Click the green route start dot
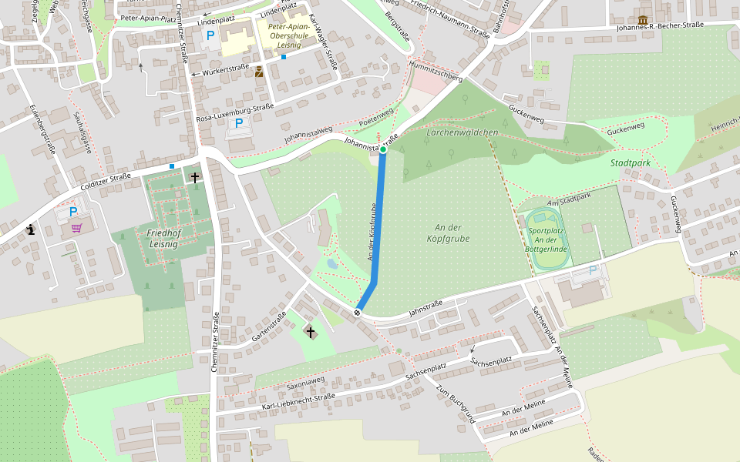383,150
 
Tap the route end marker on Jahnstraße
357,312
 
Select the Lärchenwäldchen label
462,132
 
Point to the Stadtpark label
631,163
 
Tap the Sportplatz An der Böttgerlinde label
548,239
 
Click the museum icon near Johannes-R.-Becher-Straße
643,20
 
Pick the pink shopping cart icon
77,227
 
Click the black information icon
31,229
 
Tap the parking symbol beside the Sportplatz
593,270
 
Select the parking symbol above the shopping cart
73,212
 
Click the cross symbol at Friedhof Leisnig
195,178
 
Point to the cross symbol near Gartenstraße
311,332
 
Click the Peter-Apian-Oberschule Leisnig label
288,35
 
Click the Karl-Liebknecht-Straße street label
298,401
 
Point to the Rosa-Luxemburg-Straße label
235,112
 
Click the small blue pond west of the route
331,263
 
